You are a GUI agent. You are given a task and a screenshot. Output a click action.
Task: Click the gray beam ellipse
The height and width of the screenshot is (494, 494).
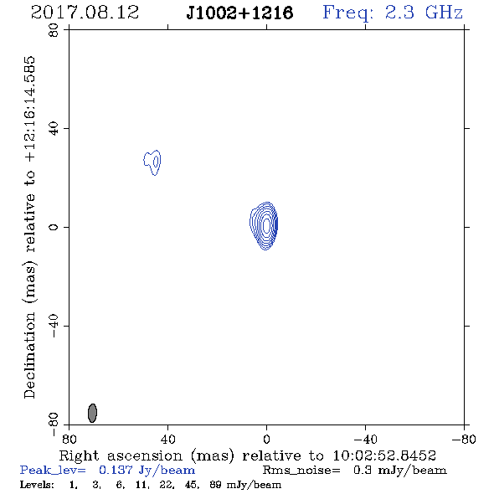(92, 413)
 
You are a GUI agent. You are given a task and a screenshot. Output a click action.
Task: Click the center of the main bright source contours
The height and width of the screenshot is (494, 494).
(266, 225)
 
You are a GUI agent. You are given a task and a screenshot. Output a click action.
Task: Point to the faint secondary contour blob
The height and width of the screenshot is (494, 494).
(152, 162)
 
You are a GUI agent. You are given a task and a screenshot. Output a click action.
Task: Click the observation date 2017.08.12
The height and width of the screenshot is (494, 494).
(85, 13)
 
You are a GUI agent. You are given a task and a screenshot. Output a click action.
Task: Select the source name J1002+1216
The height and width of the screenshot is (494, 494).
(239, 13)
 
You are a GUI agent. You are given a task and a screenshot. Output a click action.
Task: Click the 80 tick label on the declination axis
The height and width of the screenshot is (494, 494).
(54, 30)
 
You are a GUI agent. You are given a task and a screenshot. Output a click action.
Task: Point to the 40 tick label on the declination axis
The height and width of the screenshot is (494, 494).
(54, 129)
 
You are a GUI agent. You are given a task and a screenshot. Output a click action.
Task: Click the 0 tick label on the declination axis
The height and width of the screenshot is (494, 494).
(54, 227)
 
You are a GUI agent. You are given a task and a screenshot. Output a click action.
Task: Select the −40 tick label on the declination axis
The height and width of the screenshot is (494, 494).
(54, 326)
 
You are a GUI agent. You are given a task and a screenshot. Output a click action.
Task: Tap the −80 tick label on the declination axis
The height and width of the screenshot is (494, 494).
(54, 425)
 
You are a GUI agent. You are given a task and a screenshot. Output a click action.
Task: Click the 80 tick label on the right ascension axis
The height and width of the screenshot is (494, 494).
(69, 439)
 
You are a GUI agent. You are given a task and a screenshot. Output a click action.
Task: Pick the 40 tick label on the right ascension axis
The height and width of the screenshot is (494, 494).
(167, 439)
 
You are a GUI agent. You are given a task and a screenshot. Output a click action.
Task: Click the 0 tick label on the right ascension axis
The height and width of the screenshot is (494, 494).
(266, 439)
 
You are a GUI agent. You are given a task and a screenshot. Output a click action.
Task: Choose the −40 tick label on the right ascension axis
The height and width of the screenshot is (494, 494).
(365, 439)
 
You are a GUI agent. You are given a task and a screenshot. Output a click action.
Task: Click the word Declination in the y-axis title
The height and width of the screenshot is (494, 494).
(29, 355)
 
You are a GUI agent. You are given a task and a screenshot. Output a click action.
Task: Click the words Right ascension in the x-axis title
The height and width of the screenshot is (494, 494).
(121, 455)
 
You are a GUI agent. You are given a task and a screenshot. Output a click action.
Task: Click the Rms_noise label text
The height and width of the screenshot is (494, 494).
(301, 471)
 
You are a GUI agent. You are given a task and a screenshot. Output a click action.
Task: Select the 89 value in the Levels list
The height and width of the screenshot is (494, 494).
(216, 485)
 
